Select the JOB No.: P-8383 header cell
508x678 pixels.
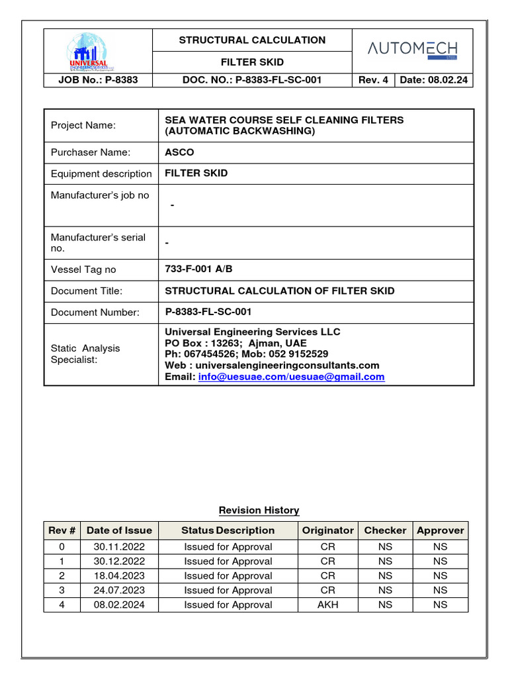pos(98,80)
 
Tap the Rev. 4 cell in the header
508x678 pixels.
pos(373,80)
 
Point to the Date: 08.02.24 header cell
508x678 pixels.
pos(433,80)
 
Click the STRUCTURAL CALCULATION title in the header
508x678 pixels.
pos(252,40)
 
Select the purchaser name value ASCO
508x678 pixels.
pos(179,152)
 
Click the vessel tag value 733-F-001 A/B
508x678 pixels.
pos(198,269)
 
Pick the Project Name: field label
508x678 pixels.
pos(83,126)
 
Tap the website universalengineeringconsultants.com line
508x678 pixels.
pos(272,365)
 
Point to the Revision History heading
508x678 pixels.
pos(259,510)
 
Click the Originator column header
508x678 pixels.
pos(327,530)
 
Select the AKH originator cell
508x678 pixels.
pos(327,605)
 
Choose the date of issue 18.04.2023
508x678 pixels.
pos(119,575)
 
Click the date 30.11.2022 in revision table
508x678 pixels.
pos(119,547)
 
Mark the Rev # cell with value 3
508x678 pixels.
pos(62,590)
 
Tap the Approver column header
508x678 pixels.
pos(440,530)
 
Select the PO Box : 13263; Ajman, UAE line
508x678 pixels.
pos(235,343)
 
